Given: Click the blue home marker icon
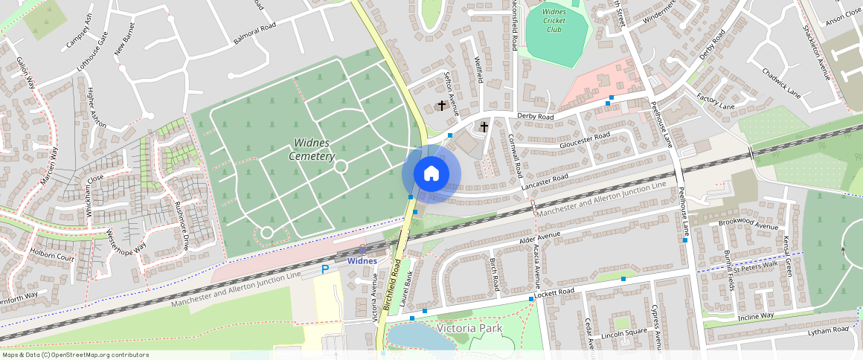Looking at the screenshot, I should click(431, 174).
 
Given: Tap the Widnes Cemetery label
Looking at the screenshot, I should click(312, 149).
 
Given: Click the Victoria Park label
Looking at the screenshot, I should click(469, 328).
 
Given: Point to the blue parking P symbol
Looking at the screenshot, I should click(324, 269).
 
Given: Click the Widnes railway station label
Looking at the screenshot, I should click(362, 261).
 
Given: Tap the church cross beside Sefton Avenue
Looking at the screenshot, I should click(442, 106).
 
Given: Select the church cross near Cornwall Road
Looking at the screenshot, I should click(484, 126).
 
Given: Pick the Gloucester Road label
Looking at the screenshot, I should click(585, 138).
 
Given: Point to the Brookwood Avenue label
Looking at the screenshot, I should click(748, 225).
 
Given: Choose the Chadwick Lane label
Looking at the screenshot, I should click(780, 83).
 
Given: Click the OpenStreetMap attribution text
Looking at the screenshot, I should click(74, 355).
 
